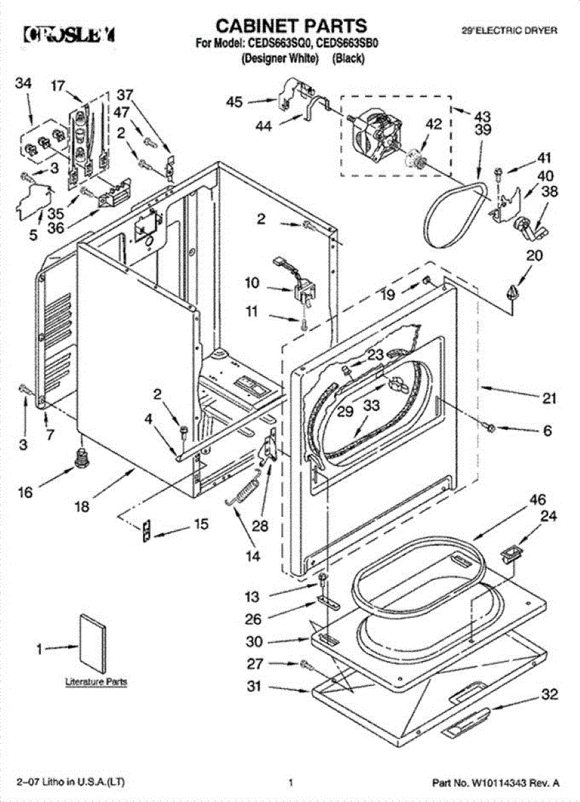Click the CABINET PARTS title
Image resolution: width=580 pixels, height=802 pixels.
(x=291, y=26)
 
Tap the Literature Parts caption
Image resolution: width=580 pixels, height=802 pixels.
(x=96, y=682)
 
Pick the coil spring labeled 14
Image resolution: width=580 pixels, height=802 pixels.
(x=243, y=495)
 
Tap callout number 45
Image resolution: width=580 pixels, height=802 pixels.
(x=233, y=102)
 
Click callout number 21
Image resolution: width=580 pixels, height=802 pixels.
(x=549, y=399)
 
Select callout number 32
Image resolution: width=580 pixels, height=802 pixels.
(x=549, y=695)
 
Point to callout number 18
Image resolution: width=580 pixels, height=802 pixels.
(x=82, y=507)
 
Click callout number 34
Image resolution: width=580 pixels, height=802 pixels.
(x=23, y=84)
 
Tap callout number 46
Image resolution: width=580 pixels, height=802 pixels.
(x=538, y=499)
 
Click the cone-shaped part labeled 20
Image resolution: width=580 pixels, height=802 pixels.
(x=513, y=293)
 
